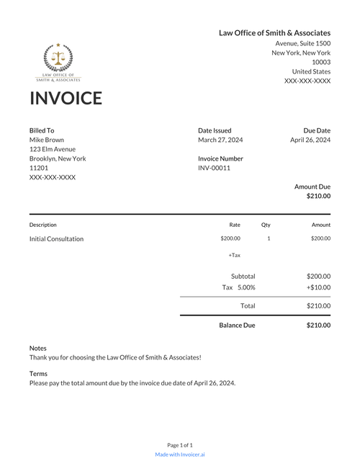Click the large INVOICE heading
point(66,98)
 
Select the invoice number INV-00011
point(214,168)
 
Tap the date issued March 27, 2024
point(220,140)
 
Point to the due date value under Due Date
point(310,140)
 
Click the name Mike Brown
point(46,140)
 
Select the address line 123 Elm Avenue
point(52,149)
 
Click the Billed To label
point(42,130)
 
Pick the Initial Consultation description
point(56,238)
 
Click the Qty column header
point(266,225)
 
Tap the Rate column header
point(235,225)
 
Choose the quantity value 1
point(269,238)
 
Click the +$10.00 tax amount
point(318,287)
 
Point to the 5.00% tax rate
point(246,287)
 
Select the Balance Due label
point(237,325)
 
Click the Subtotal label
point(243,276)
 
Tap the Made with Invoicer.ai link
point(180,454)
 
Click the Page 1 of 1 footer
point(180,445)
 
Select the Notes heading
point(37,348)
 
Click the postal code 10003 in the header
point(321,62)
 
